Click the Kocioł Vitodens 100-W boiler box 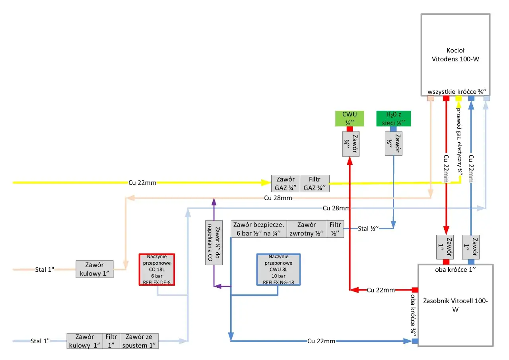(455, 55)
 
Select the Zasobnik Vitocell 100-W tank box (455, 305)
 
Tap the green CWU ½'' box (350, 118)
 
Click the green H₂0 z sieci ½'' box (393, 118)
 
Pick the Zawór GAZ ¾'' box (286, 184)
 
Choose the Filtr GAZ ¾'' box (315, 184)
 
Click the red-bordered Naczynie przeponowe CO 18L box (157, 269)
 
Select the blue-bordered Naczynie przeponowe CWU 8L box (278, 269)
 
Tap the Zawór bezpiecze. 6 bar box (259, 229)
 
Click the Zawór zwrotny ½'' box (307, 229)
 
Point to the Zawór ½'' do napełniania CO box (214, 242)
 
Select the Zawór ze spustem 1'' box (139, 341)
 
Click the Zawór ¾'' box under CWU (351, 144)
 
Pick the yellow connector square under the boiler (458, 98)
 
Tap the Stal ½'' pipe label (368, 228)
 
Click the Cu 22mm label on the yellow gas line (142, 183)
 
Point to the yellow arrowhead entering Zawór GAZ (266, 182)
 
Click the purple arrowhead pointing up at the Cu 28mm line (214, 201)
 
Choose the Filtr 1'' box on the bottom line (111, 341)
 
